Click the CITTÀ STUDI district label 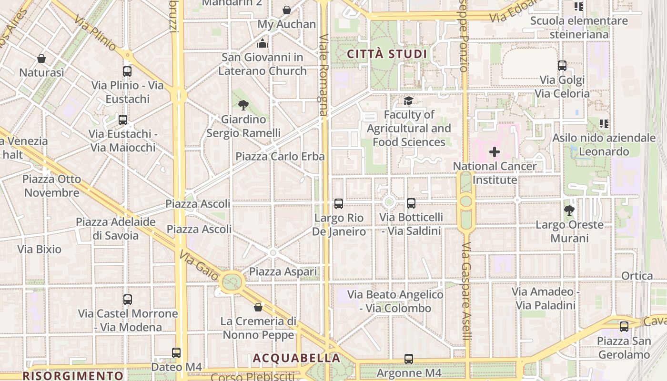[x=387, y=54]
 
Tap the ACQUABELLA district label [x=296, y=358]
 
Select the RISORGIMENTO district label [x=73, y=375]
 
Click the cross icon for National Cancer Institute [x=495, y=152]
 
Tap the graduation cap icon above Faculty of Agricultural [x=408, y=100]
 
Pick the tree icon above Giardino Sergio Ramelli [x=243, y=105]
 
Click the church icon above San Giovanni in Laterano [x=262, y=44]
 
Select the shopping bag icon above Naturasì [x=41, y=59]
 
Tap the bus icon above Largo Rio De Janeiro [x=339, y=204]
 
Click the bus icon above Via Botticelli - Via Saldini [x=411, y=203]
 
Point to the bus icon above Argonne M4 [x=409, y=359]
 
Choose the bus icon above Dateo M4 [x=176, y=353]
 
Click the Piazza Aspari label [x=283, y=272]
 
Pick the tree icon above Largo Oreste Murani [x=569, y=210]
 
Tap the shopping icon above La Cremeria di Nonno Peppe [x=258, y=307]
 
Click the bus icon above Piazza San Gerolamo [x=624, y=327]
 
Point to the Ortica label [x=637, y=276]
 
